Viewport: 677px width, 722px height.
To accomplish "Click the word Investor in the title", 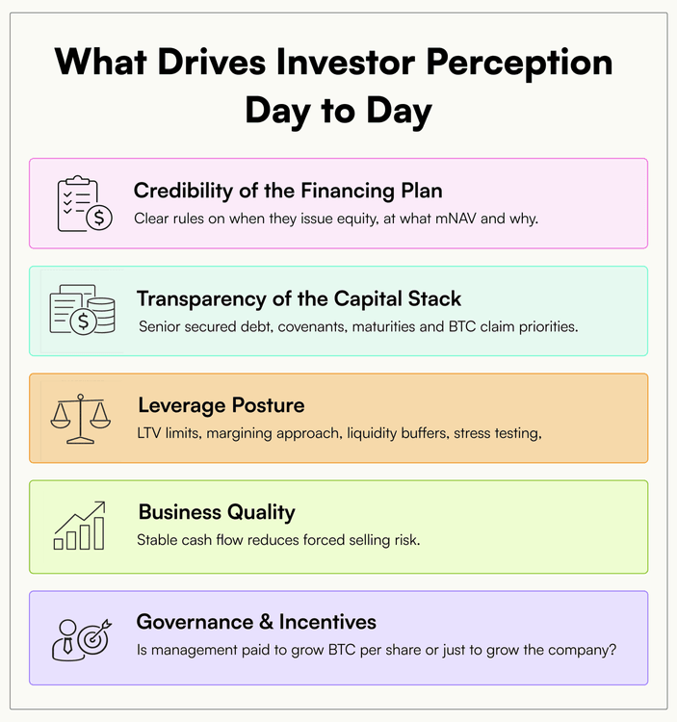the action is point(346,63).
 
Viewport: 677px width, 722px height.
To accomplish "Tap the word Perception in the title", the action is point(519,64).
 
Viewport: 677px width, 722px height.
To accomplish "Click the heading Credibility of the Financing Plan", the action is point(288,192).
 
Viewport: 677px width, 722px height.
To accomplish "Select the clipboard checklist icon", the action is point(85,203).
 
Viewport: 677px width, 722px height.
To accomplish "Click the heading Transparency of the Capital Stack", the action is point(299,298).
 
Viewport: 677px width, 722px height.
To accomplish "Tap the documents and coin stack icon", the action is point(83,309).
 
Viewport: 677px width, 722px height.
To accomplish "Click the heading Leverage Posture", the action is point(221,405).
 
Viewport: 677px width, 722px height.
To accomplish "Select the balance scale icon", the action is point(81,419).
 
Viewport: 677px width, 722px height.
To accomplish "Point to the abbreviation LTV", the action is point(148,433).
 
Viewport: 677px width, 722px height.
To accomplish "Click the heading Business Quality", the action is point(217,512).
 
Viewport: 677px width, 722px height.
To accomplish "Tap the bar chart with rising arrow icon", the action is point(80,526).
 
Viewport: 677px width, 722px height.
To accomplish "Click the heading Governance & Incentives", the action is point(256,622).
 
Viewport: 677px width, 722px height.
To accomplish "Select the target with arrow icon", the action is point(94,636).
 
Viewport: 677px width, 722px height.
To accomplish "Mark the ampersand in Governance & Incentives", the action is point(266,622).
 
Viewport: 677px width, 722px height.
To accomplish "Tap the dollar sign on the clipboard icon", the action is point(99,218).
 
